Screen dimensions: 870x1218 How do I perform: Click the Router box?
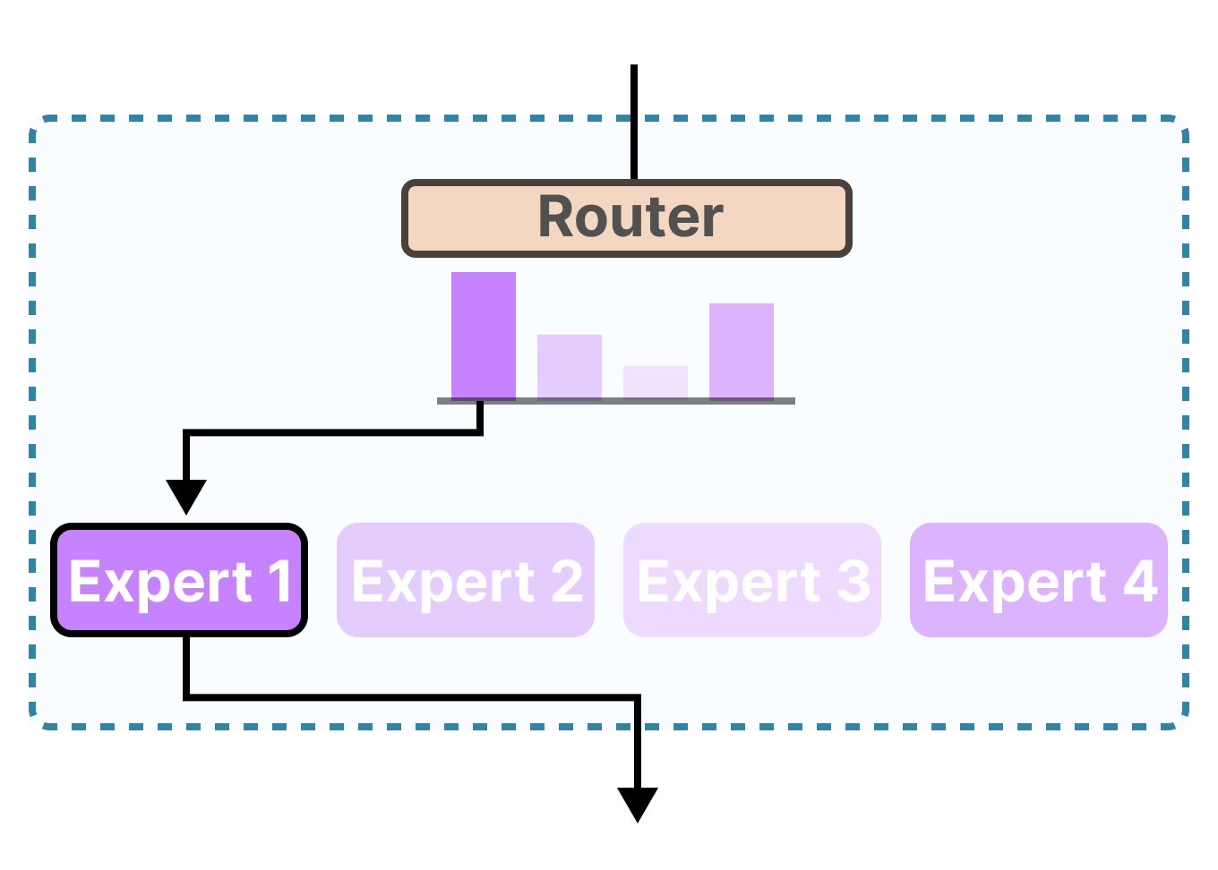click(x=626, y=218)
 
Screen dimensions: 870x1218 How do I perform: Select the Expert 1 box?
click(x=179, y=580)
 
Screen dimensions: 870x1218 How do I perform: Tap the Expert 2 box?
click(x=466, y=580)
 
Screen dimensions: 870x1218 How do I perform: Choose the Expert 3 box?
click(x=752, y=580)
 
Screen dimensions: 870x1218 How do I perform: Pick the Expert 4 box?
click(x=1039, y=580)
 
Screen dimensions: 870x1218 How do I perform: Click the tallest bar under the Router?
click(x=484, y=336)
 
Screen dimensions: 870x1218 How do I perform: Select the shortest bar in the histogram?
click(x=656, y=381)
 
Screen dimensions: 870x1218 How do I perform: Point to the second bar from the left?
click(x=570, y=366)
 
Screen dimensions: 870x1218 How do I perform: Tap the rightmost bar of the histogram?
click(x=742, y=351)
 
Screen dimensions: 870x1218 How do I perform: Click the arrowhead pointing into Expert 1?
click(x=186, y=496)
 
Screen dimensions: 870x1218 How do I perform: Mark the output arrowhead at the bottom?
click(x=638, y=803)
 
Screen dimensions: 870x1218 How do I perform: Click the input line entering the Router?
click(x=634, y=122)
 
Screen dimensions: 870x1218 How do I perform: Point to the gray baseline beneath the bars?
click(x=616, y=401)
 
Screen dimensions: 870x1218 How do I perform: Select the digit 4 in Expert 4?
click(x=1140, y=582)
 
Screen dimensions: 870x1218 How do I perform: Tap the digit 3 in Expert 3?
click(x=853, y=582)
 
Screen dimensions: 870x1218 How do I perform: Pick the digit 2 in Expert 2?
click(x=567, y=582)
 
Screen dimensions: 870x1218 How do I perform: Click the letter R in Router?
click(x=558, y=217)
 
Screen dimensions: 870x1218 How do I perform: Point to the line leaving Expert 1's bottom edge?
click(x=186, y=667)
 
